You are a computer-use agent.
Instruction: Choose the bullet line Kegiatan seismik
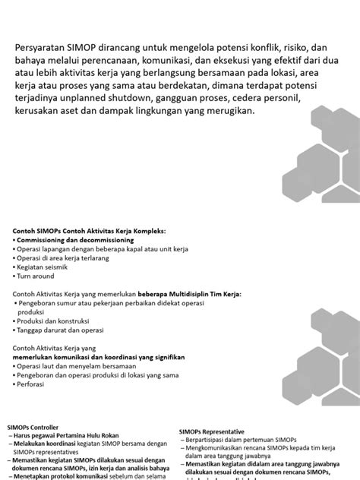43,269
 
